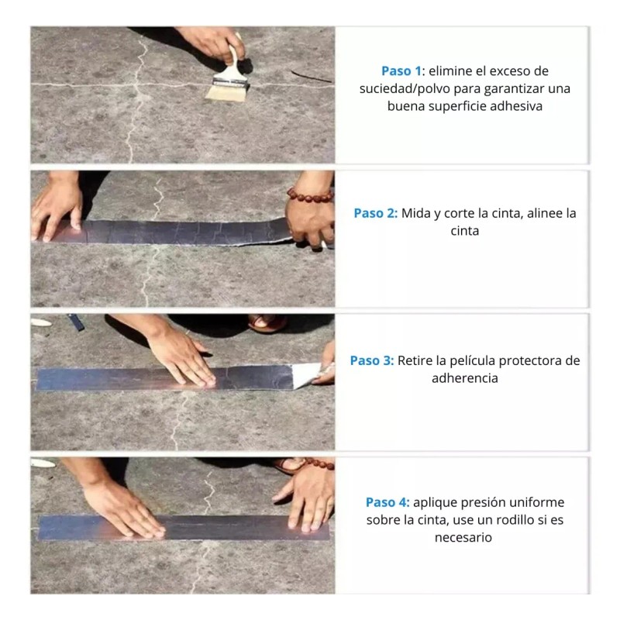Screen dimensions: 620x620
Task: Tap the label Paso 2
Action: [x=375, y=214]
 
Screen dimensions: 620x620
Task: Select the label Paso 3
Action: [x=372, y=360]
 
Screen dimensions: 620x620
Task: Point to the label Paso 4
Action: [x=387, y=502]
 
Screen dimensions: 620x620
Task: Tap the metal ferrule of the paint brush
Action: [x=230, y=82]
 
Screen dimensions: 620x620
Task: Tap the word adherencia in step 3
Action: [x=464, y=378]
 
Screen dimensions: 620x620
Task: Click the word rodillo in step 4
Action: [x=512, y=520]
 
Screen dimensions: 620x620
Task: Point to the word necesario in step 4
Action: [x=463, y=538]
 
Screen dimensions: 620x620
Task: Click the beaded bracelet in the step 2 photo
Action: [x=310, y=196]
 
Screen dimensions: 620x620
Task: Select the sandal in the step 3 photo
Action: [x=267, y=322]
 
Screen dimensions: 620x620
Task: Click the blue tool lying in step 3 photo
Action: [x=76, y=322]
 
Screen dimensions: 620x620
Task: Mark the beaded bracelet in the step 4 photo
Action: [x=319, y=463]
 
